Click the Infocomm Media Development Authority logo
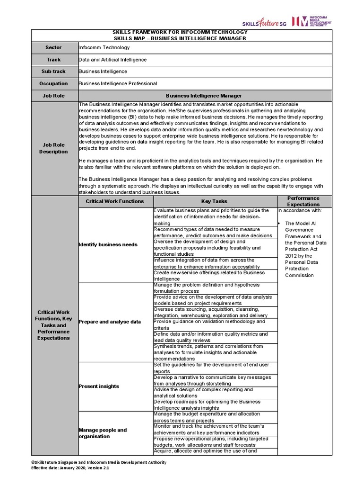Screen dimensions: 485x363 click(311, 21)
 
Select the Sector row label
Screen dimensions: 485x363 click(53, 47)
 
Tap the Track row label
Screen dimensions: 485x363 click(53, 60)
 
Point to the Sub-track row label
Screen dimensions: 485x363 click(53, 72)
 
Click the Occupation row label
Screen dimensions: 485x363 click(53, 83)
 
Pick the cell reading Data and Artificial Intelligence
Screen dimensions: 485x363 click(112, 60)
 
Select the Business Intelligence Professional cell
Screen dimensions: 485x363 click(118, 83)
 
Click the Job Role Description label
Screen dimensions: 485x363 click(53, 148)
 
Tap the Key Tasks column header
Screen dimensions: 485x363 click(214, 201)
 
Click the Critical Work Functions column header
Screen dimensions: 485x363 click(115, 201)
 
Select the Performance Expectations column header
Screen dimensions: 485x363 click(303, 201)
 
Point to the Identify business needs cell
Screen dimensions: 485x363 click(108, 244)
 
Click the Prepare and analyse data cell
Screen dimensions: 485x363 click(110, 322)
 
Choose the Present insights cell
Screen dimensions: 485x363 click(99, 386)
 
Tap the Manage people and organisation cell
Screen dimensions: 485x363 click(103, 433)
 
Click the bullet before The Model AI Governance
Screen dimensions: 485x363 click(280, 223)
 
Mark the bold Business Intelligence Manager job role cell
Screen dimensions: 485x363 click(204, 95)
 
